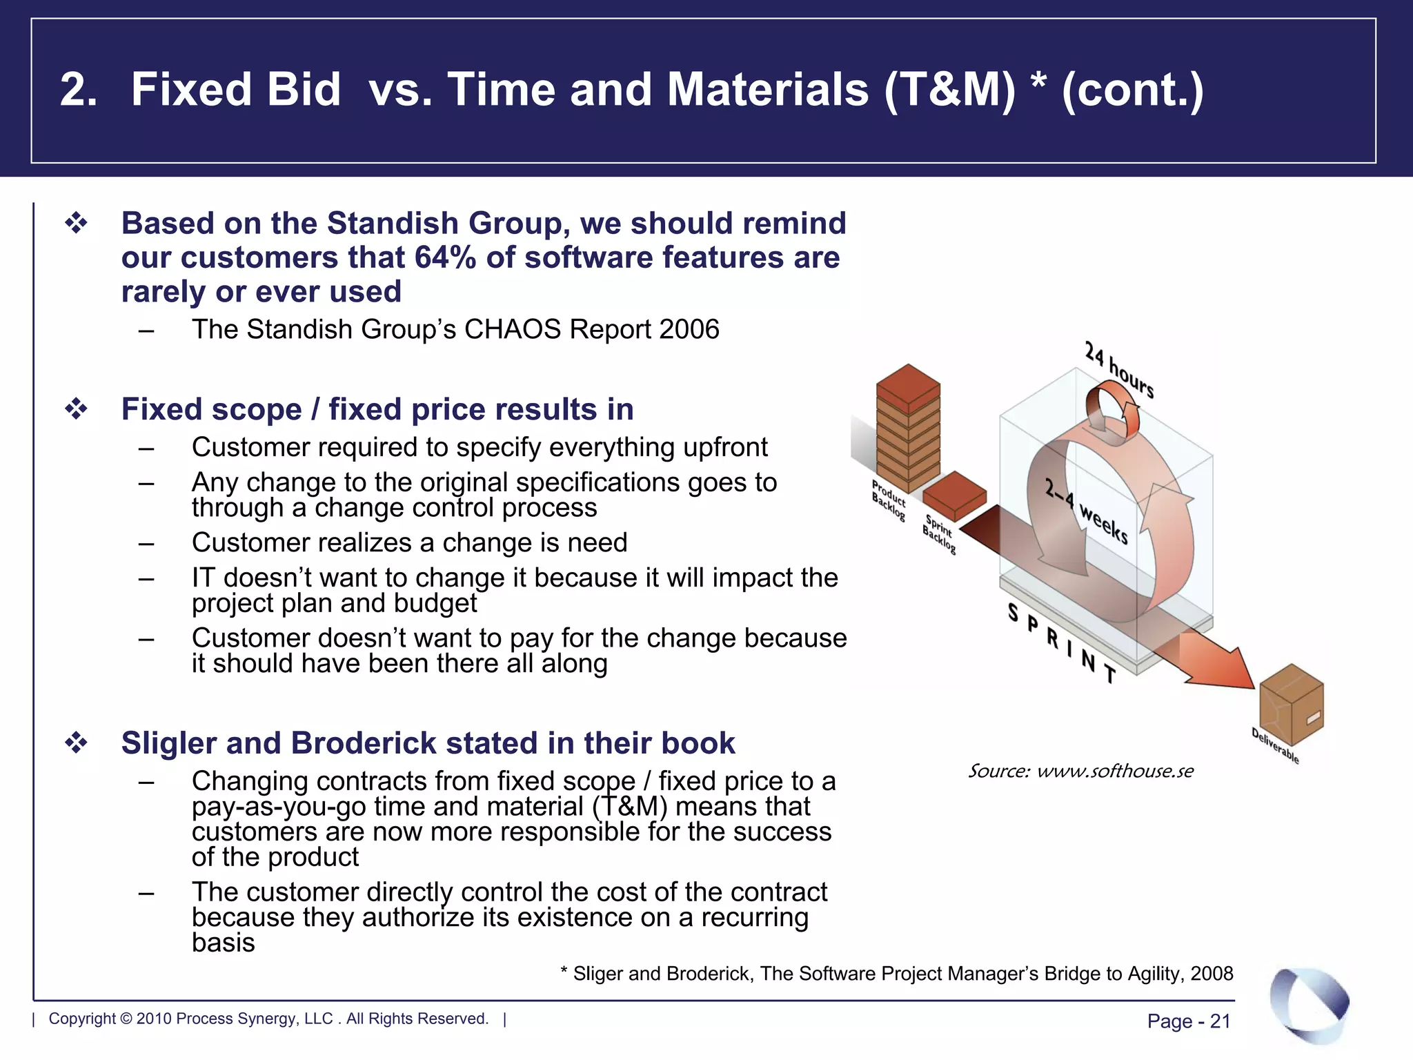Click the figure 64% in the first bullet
tap(445, 258)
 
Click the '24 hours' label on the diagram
tap(1118, 370)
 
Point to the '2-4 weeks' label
tap(1086, 511)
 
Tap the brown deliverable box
tap(1291, 704)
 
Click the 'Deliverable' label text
tap(1275, 746)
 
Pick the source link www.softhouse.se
tap(1114, 771)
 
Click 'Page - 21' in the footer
tap(1189, 1021)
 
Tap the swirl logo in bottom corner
tap(1309, 1005)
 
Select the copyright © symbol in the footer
tap(126, 1019)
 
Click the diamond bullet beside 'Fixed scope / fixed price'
tap(76, 409)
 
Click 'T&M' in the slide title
tap(950, 90)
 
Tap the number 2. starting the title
tap(78, 90)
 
